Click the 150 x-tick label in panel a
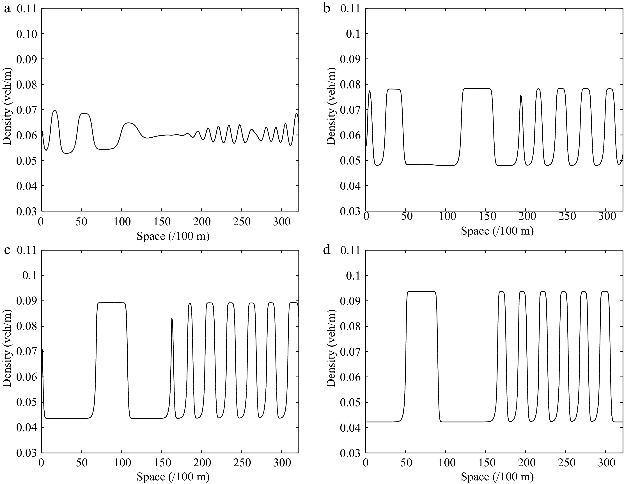[x=162, y=222]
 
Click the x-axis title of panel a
[x=173, y=237]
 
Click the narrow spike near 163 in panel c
[x=172, y=319]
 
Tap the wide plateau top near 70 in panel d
[x=421, y=292]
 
